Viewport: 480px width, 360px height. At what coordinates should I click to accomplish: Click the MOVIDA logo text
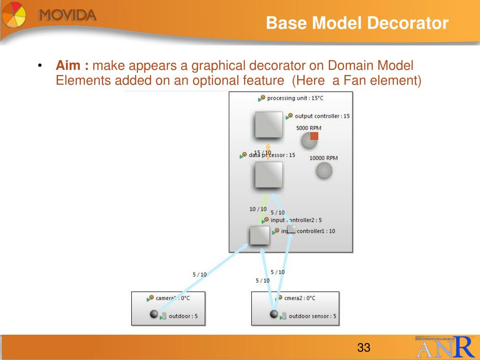point(67,16)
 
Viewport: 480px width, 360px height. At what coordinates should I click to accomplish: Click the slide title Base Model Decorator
point(357,23)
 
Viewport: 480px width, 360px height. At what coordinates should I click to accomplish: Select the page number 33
point(364,348)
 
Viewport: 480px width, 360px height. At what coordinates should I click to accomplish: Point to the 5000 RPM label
point(308,128)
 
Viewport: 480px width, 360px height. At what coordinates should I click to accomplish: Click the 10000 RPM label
point(323,158)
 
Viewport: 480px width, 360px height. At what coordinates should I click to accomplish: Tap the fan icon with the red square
point(310,139)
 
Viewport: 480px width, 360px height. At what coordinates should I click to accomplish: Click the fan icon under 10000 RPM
point(324,171)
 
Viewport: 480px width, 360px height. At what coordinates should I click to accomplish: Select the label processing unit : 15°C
point(295,98)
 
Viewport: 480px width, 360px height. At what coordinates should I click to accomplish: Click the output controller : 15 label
point(322,116)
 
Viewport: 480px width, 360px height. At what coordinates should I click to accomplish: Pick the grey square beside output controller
point(269,125)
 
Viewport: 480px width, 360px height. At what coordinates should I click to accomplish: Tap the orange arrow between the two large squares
point(268,151)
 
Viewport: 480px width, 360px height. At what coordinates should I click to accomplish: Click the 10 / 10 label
point(258,209)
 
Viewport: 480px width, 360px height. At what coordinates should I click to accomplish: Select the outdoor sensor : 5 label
point(312,316)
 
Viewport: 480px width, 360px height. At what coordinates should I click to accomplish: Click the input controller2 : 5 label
point(296,220)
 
